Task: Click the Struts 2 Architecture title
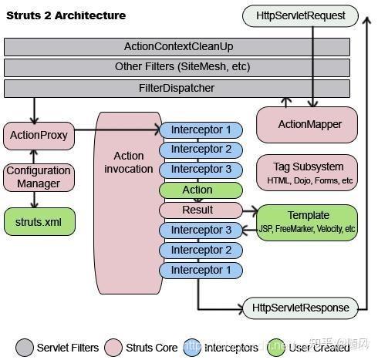66,15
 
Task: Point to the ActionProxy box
37,136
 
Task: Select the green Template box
308,222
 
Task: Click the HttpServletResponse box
300,308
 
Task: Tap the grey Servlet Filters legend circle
24,348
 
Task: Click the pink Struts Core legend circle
113,348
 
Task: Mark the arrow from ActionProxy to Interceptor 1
123,130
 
